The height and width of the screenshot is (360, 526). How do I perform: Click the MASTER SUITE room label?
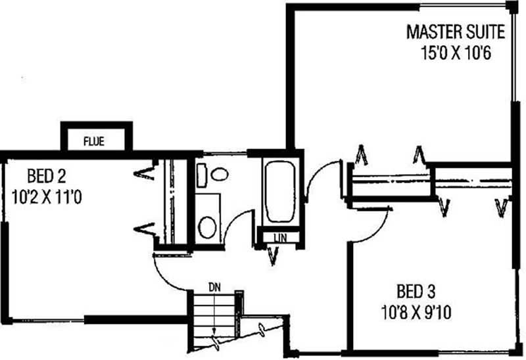[456, 32]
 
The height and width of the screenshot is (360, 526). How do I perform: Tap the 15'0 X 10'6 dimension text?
[456, 53]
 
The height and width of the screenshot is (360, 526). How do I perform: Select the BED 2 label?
[47, 176]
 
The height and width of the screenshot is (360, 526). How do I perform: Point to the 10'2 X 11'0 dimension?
[47, 197]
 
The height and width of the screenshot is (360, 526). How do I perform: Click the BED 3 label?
[416, 291]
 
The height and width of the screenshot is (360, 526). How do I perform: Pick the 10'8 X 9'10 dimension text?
[416, 313]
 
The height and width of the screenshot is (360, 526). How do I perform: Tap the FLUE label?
[94, 141]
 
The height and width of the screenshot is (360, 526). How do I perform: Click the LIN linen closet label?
[280, 238]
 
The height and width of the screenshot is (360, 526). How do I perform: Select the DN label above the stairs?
[215, 287]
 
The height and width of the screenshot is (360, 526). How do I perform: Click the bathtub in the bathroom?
[280, 191]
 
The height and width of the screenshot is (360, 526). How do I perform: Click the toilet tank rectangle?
[202, 175]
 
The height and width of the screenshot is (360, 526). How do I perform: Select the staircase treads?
[215, 319]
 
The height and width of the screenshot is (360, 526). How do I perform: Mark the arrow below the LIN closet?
[274, 256]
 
